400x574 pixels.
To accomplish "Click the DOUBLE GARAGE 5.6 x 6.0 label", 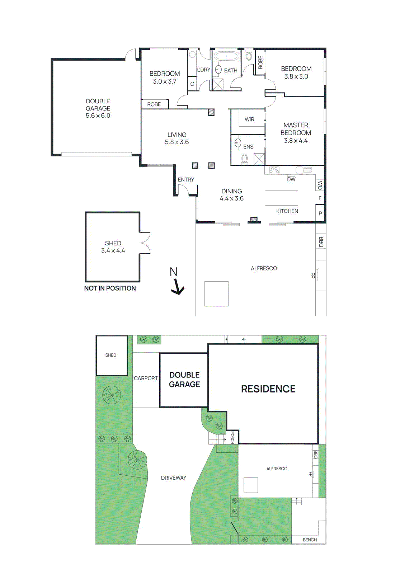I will tap(98, 108).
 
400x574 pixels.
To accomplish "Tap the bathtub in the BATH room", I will tap(226, 57).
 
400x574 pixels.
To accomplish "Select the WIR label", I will tap(249, 119).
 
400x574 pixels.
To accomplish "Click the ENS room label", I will tap(248, 147).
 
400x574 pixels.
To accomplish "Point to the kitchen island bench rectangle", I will tap(281, 198).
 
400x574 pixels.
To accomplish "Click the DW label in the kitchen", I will tap(291, 179).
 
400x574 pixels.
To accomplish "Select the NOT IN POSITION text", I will tap(110, 288).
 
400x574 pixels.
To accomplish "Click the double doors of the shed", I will tap(145, 243).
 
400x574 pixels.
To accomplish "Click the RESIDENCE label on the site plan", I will tap(268, 389).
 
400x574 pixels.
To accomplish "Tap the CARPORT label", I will tap(146, 378).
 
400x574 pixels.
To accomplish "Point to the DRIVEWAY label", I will tap(174, 478).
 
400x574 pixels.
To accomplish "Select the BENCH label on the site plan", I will tap(310, 540).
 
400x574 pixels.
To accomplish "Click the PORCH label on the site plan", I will tap(232, 437).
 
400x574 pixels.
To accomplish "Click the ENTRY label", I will tap(186, 179).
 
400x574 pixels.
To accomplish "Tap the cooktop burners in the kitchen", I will tap(274, 170).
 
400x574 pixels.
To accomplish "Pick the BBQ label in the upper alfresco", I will tap(321, 242).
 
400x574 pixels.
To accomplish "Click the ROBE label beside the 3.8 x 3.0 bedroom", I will tap(260, 62).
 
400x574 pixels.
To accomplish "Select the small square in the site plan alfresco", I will tap(251, 485).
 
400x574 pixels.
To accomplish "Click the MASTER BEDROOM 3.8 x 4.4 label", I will tap(296, 133).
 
